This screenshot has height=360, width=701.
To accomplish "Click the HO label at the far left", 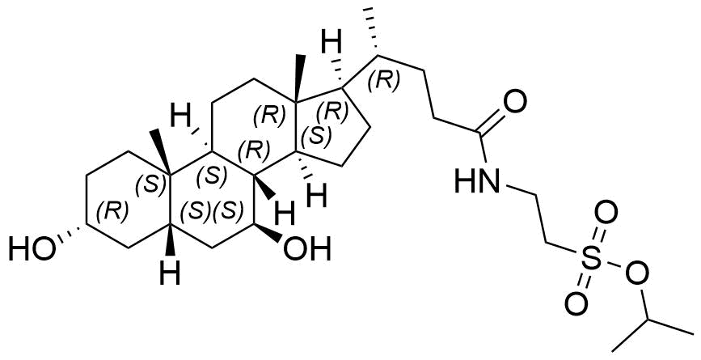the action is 32,249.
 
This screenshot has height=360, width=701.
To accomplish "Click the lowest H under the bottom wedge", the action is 170,273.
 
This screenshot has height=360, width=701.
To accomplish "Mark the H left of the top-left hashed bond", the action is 183,117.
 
